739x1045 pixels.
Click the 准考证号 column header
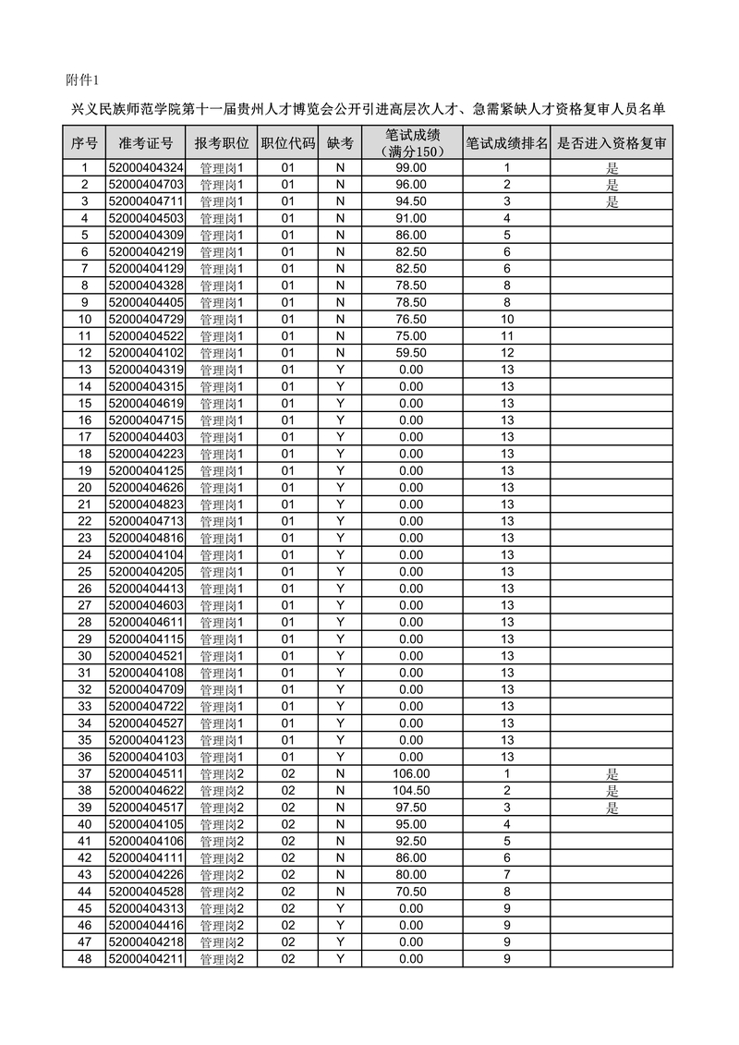(146, 143)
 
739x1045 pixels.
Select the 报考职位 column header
(221, 143)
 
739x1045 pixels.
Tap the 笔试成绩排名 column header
(506, 143)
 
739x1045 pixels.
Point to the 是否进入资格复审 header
(611, 143)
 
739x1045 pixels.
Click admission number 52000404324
(146, 168)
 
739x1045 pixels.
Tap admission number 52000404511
(146, 774)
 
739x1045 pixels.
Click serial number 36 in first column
(85, 757)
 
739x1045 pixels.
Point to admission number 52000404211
(146, 959)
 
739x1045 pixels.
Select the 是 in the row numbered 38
(612, 791)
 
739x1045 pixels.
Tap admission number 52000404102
(146, 353)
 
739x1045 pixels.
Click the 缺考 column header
(340, 143)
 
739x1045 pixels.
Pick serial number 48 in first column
(85, 959)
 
